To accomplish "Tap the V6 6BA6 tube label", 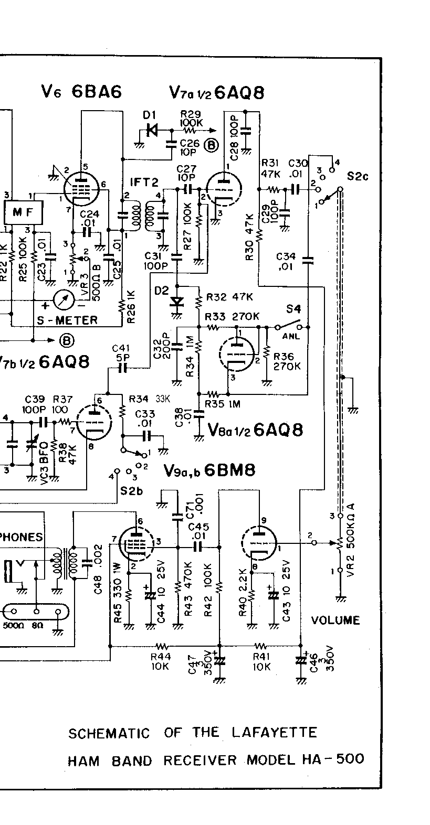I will (x=81, y=92).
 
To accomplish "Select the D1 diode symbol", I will (x=152, y=130).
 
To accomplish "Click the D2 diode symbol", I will (x=177, y=302).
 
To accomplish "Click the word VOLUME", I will (x=335, y=620).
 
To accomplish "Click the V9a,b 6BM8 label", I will (x=209, y=470).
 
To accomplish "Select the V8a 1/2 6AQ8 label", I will (x=255, y=430).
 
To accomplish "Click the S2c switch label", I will (x=358, y=176).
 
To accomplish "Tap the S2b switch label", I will (x=130, y=490).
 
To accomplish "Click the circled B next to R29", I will (x=211, y=145).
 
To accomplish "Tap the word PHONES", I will (x=21, y=537).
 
